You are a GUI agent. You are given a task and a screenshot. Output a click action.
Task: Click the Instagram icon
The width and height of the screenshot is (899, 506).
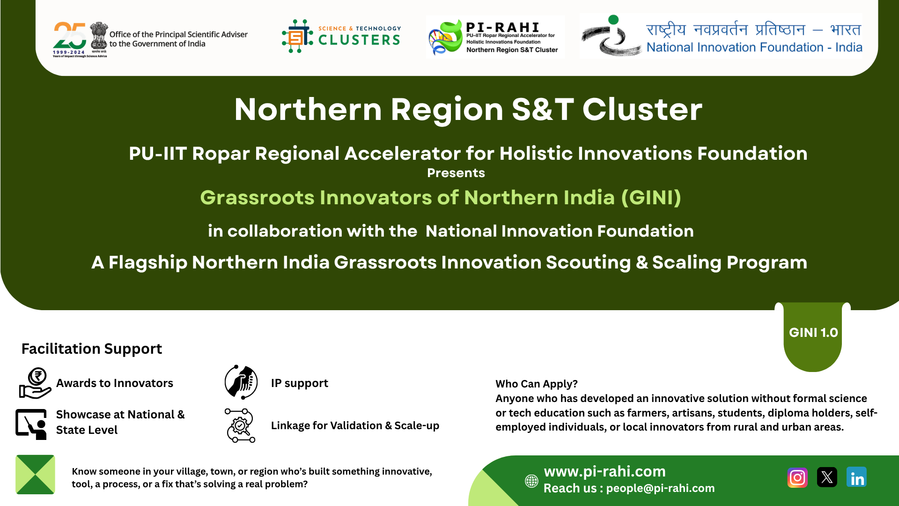[x=797, y=477]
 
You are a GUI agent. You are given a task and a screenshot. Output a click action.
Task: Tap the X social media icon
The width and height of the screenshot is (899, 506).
[x=827, y=477]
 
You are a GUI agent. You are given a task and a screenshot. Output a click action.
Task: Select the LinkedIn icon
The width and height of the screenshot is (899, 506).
[x=856, y=477]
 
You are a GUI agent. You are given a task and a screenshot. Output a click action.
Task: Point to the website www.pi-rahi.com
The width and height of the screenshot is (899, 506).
[x=604, y=471]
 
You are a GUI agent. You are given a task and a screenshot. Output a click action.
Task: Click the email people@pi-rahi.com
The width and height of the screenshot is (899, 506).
[x=660, y=488]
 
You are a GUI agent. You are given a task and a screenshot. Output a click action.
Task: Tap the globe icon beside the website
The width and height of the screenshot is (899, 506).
[x=531, y=481]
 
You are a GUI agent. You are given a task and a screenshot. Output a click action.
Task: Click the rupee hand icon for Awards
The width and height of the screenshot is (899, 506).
[x=35, y=383]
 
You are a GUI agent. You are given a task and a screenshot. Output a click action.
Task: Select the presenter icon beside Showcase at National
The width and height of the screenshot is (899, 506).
[x=31, y=424]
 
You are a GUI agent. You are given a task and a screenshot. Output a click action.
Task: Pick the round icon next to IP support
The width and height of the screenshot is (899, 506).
[x=241, y=382]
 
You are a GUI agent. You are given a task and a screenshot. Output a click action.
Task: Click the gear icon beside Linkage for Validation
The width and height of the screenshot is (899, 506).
[x=240, y=425]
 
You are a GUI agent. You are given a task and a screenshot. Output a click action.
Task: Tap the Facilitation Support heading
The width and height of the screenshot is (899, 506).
[x=92, y=349]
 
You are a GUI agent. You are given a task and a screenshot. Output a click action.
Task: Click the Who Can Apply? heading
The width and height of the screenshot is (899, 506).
[x=537, y=384]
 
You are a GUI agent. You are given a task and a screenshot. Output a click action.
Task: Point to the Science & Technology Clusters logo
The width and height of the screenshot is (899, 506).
[x=341, y=36]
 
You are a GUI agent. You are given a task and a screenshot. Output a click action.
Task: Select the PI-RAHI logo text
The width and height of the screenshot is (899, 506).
[x=503, y=27]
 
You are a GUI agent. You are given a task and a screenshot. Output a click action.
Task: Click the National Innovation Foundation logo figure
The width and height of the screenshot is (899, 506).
[x=611, y=36]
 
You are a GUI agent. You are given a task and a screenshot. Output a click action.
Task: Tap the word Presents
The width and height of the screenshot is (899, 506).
[x=456, y=173]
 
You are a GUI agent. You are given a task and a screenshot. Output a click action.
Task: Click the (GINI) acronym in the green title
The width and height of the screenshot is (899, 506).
[x=651, y=198]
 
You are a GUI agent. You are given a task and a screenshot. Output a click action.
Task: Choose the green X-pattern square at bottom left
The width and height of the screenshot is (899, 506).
[x=35, y=475]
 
